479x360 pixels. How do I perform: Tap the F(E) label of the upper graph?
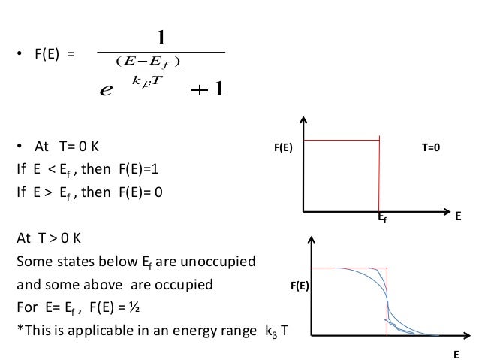click(282, 149)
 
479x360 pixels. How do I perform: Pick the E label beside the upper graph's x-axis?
click(458, 215)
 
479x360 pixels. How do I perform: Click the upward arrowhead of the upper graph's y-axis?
click(303, 120)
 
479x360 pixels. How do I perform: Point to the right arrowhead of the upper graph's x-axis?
click(438, 210)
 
